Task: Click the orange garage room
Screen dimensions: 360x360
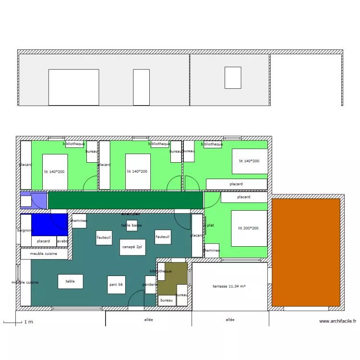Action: [x=306, y=252]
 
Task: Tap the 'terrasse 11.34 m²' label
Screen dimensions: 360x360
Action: [x=229, y=287]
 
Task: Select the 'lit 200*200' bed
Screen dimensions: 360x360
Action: [x=249, y=228]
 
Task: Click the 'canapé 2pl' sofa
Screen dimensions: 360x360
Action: [x=132, y=247]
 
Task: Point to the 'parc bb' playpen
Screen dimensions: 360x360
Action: [x=116, y=285]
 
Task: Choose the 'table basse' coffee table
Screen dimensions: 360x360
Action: [x=132, y=225]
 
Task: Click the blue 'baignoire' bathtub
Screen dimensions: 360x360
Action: [x=49, y=225]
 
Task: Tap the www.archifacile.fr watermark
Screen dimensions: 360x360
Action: [x=337, y=321]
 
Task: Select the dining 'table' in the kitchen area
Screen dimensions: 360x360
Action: [x=70, y=281]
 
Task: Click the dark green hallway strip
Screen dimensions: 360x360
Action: [x=125, y=200]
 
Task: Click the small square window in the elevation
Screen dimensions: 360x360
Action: [x=233, y=78]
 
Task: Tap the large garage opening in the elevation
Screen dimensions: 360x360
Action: [x=74, y=87]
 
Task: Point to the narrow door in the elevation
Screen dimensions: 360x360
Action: [x=141, y=87]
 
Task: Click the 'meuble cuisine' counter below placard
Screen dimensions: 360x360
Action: [x=44, y=253]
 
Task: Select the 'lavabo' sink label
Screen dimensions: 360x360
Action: [x=62, y=241]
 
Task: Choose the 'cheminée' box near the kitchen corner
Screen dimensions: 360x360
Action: [x=79, y=221]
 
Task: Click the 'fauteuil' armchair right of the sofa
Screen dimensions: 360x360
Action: [x=162, y=237]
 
